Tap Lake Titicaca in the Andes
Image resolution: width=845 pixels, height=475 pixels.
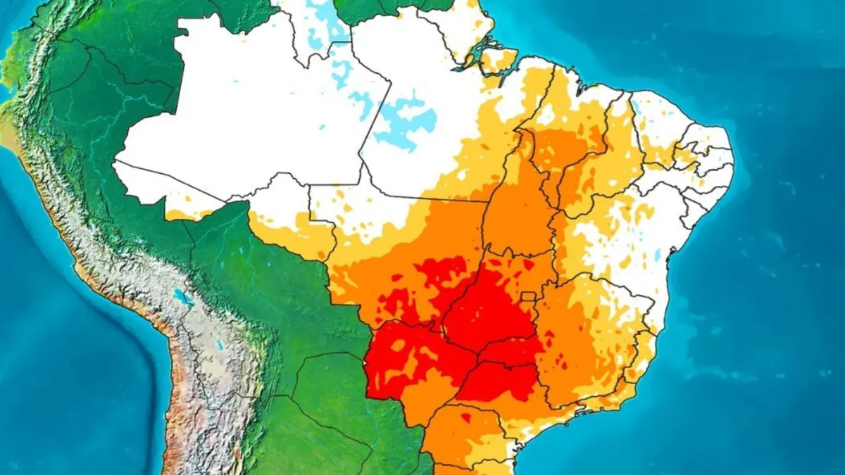pos(184,298)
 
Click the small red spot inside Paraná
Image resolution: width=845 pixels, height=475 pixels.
pos(465,418)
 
